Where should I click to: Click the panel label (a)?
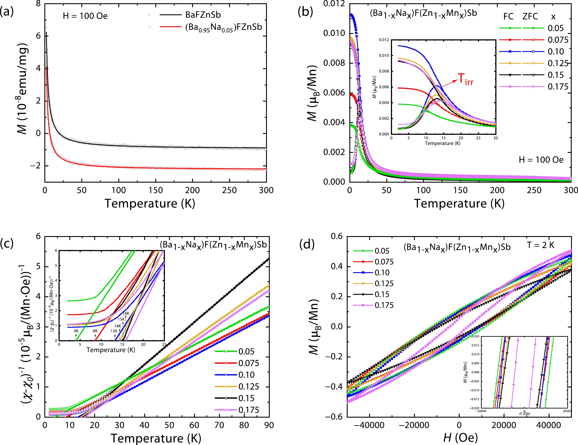coord(7,12)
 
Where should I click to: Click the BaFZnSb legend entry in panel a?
coord(203,15)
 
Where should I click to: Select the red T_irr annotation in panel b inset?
coord(466,79)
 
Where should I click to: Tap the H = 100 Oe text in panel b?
coord(541,160)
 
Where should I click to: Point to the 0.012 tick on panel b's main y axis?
coord(334,4)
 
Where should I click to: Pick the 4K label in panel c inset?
coord(76,331)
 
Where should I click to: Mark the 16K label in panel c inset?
coord(126,313)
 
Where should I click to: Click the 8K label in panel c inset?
coord(95,331)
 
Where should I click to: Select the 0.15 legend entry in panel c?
coord(246,398)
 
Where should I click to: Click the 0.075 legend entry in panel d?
coord(384,262)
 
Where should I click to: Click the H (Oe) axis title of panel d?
coord(460,438)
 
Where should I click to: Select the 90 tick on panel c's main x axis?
coord(269,425)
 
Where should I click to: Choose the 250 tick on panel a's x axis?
coord(229,190)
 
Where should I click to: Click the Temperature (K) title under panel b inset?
coord(442,143)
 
